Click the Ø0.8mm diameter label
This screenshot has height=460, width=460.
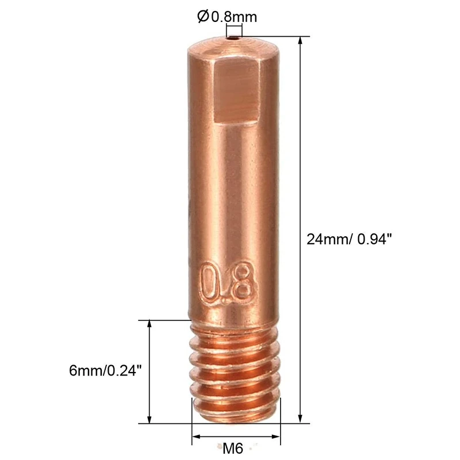coord(227,17)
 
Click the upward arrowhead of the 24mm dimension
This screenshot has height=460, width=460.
coord(301,41)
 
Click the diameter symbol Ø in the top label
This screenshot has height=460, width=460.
coord(203,17)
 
